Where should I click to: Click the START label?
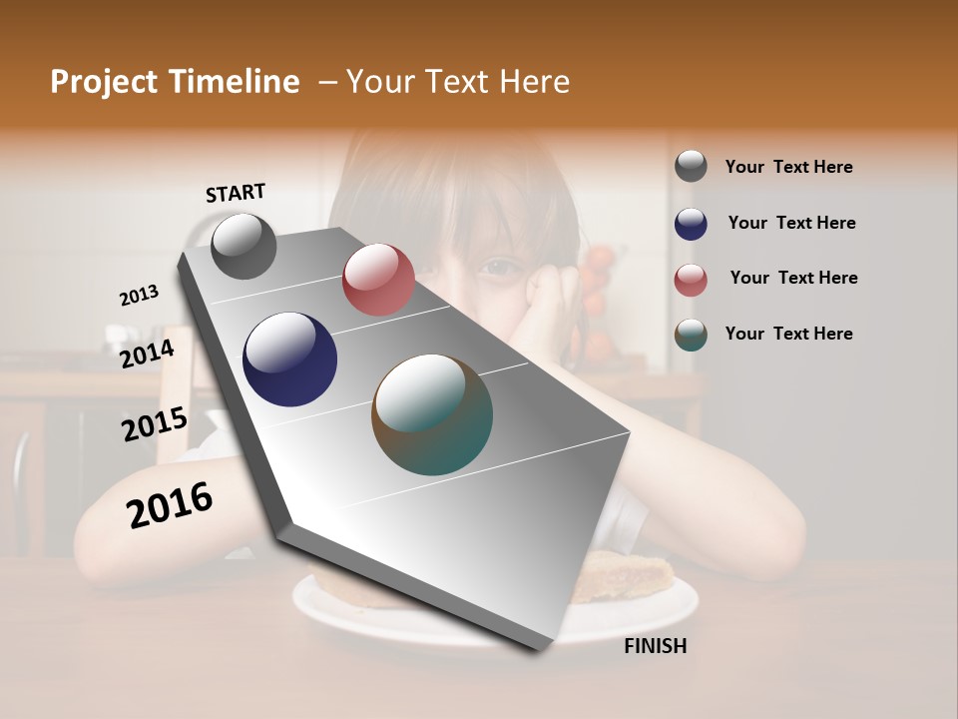[x=236, y=192]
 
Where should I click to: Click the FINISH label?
[x=655, y=646]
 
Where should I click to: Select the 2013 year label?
[x=139, y=295]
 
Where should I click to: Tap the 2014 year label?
[x=147, y=354]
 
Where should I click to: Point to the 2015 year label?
[x=154, y=424]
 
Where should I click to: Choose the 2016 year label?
[x=170, y=505]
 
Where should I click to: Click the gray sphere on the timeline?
[x=243, y=246]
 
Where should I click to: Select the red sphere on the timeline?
[x=378, y=280]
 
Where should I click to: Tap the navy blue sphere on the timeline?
[x=290, y=359]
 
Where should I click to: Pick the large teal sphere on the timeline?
[x=432, y=414]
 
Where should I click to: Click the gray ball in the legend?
[x=691, y=166]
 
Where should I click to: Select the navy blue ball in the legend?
[x=691, y=224]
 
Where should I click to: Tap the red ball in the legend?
[x=691, y=280]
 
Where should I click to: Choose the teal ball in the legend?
[x=691, y=335]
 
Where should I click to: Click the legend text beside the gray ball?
[x=788, y=167]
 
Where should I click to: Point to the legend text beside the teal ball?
[x=788, y=334]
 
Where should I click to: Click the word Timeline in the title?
[x=236, y=82]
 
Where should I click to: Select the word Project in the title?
[x=103, y=82]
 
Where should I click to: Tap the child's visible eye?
[x=501, y=267]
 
